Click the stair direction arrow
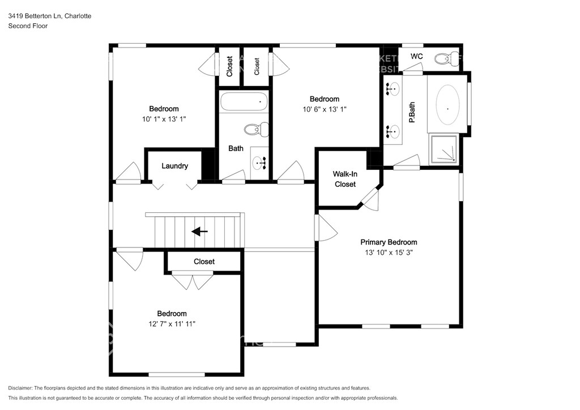click(199, 232)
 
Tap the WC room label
click(416, 57)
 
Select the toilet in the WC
click(447, 59)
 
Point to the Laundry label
click(174, 166)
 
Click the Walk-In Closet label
click(345, 179)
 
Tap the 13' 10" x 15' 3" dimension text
click(389, 253)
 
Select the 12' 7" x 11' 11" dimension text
click(172, 324)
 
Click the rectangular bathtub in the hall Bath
click(244, 102)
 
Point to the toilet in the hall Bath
click(257, 129)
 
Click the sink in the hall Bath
click(259, 163)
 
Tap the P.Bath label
click(411, 112)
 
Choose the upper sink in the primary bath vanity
click(392, 89)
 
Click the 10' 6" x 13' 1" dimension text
click(325, 109)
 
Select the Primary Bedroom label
click(389, 242)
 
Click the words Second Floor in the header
click(28, 26)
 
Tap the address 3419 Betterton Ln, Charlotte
click(50, 16)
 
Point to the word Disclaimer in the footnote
click(20, 388)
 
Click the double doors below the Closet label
click(193, 281)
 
